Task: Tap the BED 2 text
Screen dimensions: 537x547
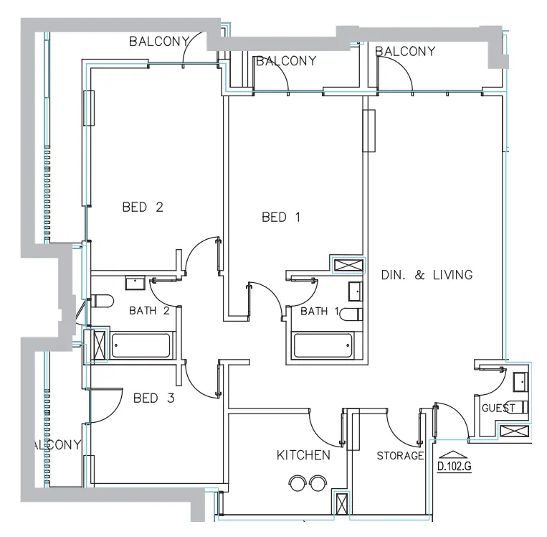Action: click(143, 207)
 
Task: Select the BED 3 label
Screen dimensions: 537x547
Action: click(153, 398)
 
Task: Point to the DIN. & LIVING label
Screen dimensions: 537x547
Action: click(427, 274)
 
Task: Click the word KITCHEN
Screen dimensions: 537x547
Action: click(303, 455)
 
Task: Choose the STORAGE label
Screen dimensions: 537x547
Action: click(400, 456)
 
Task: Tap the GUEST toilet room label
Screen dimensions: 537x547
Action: click(498, 408)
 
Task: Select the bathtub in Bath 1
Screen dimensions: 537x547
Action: click(323, 346)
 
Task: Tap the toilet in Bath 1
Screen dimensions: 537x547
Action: click(351, 314)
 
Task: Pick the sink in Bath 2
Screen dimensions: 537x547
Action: click(134, 283)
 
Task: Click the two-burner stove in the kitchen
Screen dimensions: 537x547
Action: click(307, 482)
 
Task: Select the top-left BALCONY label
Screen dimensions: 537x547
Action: click(158, 42)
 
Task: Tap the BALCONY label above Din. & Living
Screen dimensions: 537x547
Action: click(405, 51)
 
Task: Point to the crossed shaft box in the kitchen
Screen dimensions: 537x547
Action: click(342, 503)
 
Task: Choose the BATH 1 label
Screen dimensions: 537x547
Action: click(319, 311)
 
